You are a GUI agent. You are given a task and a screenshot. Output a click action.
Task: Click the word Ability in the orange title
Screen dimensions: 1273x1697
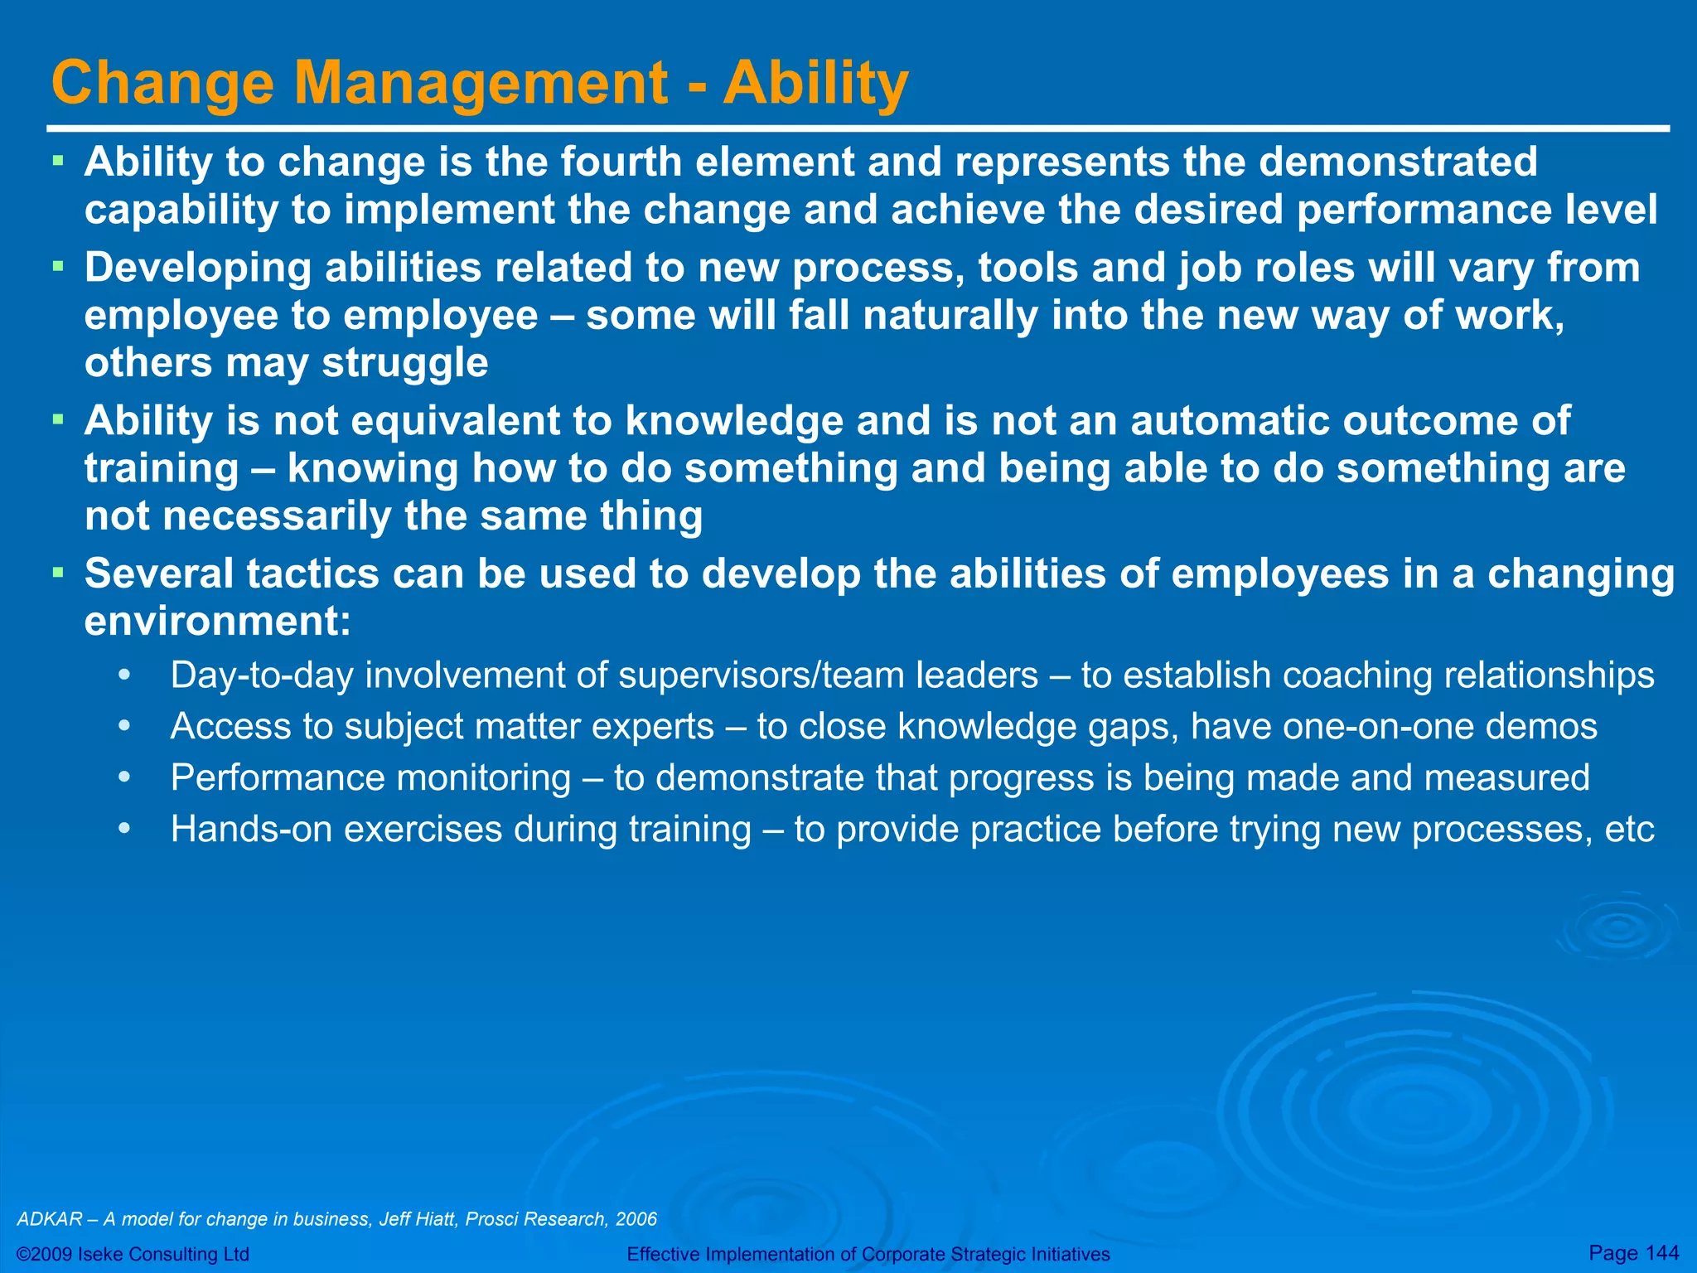pyautogui.click(x=816, y=83)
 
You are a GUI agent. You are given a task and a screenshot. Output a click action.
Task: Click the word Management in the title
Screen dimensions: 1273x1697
pyautogui.click(x=481, y=83)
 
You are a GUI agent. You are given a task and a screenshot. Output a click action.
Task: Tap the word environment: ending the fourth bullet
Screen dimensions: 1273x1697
pyautogui.click(x=218, y=621)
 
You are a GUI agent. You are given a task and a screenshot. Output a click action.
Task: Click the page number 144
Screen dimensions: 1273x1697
pyautogui.click(x=1661, y=1252)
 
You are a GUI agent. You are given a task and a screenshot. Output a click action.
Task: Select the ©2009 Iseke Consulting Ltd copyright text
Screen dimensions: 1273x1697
pyautogui.click(x=133, y=1254)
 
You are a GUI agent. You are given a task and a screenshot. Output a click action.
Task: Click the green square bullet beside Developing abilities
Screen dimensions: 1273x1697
pyautogui.click(x=58, y=267)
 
